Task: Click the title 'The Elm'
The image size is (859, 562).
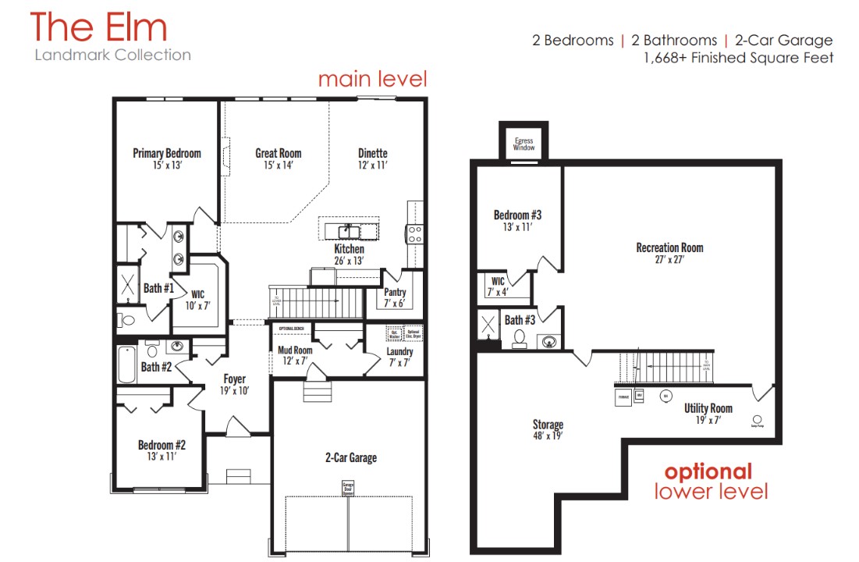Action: point(99,27)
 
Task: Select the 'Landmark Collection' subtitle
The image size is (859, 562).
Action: point(112,55)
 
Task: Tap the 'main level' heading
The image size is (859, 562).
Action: point(372,79)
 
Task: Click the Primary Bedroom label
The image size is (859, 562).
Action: point(167,158)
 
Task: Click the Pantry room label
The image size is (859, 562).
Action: point(396,297)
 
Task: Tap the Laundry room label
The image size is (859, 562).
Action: point(399,356)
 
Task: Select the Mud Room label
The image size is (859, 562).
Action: point(295,355)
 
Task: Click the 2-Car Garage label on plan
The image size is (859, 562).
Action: point(350,457)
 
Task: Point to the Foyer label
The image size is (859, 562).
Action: point(234,384)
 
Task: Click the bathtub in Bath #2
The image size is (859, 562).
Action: point(126,363)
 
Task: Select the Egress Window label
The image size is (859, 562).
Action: point(524,144)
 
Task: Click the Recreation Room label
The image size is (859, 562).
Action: point(669,252)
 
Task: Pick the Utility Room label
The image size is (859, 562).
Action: point(708,413)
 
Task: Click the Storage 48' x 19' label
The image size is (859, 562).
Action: point(548,429)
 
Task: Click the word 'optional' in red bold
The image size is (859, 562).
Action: point(708,471)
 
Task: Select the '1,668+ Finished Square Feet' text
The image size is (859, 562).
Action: point(738,58)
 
